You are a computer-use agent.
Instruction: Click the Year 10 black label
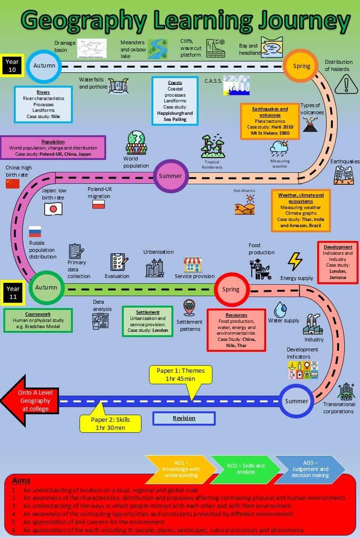tap(11, 66)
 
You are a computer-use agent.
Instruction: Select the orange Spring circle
tap(301, 66)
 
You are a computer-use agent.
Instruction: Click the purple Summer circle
tap(170, 176)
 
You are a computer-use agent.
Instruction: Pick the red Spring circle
tap(231, 289)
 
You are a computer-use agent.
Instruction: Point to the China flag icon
tap(13, 184)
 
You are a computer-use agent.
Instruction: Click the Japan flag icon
tap(53, 209)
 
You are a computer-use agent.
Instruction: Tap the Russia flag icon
tap(35, 232)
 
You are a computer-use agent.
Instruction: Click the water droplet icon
tap(283, 309)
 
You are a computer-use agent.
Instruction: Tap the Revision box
tap(184, 418)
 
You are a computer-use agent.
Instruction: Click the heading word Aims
tap(21, 481)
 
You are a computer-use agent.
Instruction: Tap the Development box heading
tap(338, 247)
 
